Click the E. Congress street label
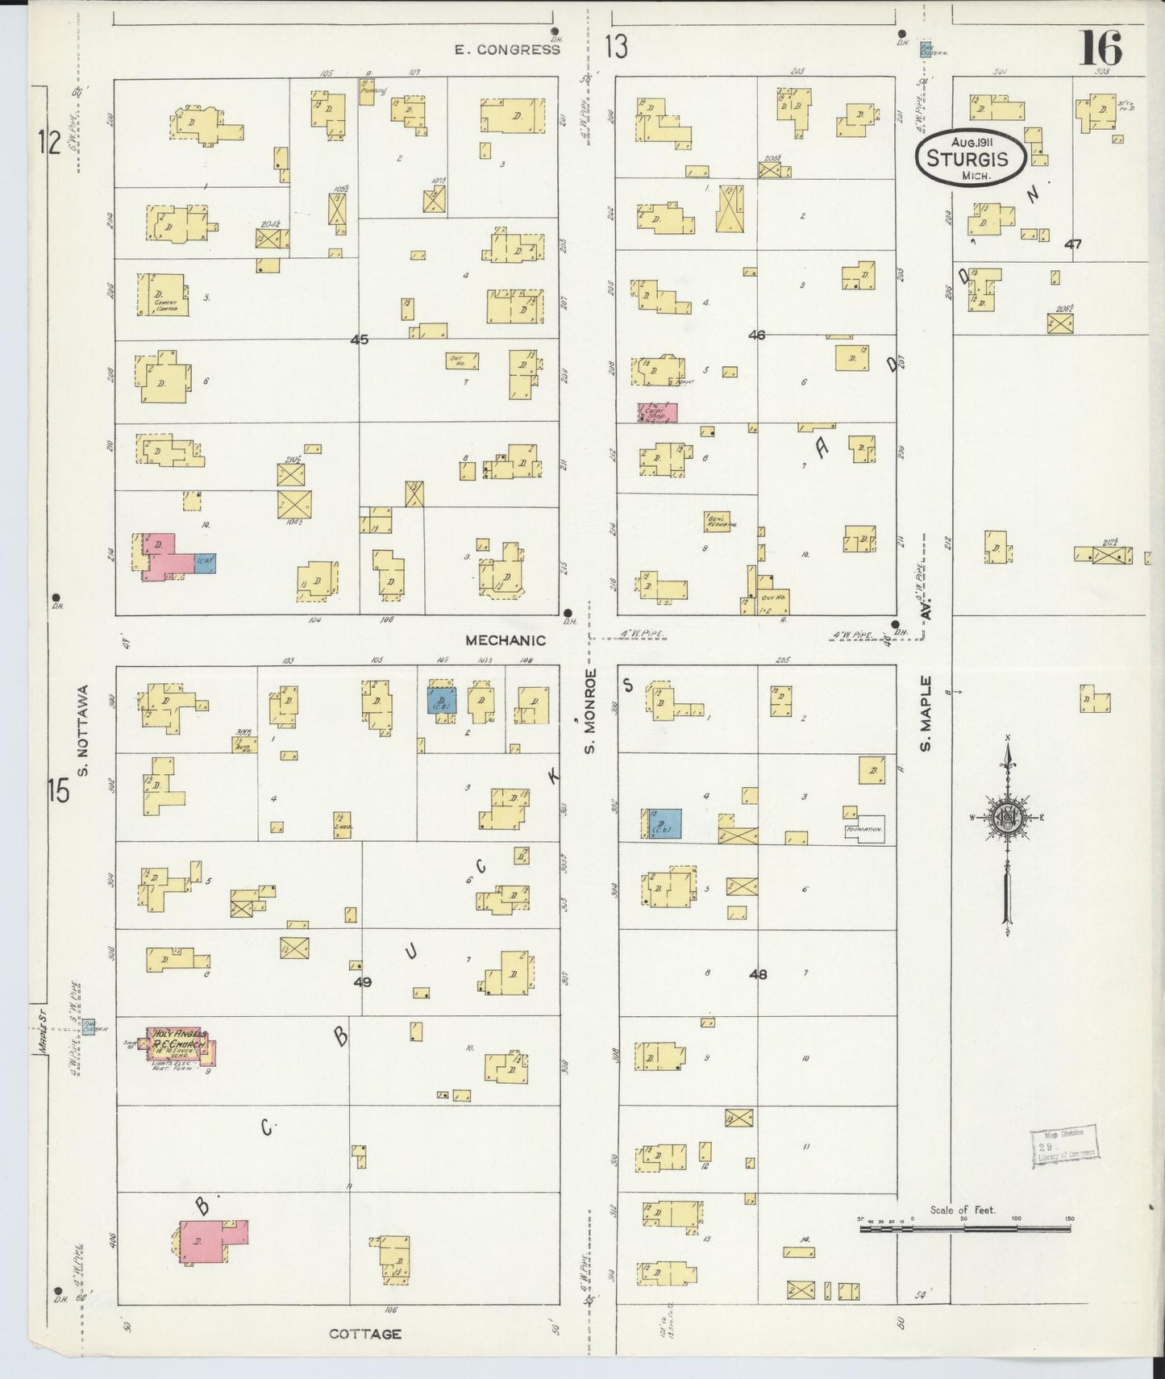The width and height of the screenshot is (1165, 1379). pyautogui.click(x=506, y=49)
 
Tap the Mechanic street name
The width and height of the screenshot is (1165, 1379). pyautogui.click(x=505, y=640)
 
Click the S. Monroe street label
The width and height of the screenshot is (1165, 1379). pyautogui.click(x=590, y=711)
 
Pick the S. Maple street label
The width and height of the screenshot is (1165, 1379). pyautogui.click(x=926, y=713)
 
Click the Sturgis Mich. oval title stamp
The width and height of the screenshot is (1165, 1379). pyautogui.click(x=970, y=157)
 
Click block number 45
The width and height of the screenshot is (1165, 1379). pyautogui.click(x=360, y=340)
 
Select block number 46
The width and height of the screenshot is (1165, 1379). pyautogui.click(x=755, y=335)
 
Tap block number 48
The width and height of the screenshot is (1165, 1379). pyautogui.click(x=757, y=974)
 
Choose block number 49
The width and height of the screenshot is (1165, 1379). pyautogui.click(x=363, y=981)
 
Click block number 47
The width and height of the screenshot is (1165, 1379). pyautogui.click(x=1071, y=244)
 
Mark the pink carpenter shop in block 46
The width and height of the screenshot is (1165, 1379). pyautogui.click(x=657, y=412)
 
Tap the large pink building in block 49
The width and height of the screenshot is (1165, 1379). pyautogui.click(x=210, y=1241)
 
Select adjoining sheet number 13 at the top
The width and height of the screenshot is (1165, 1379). pyautogui.click(x=615, y=48)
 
